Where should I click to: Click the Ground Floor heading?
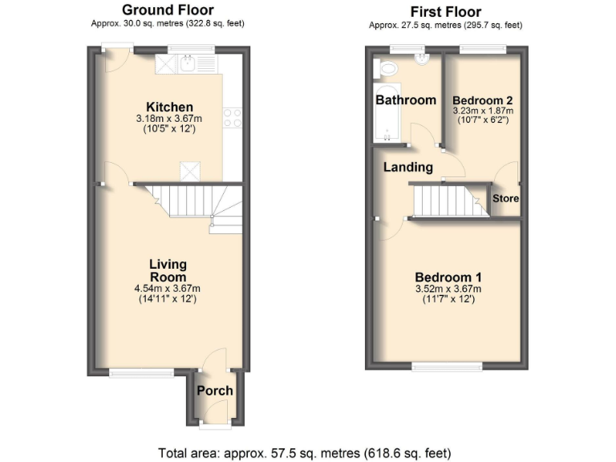coord(167,10)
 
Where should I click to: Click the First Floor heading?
coord(446,11)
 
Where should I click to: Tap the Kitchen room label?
coord(169,107)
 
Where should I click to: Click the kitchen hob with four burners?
coord(233,117)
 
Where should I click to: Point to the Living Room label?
coord(168,270)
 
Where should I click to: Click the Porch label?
coord(215,391)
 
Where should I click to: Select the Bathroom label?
coord(406,100)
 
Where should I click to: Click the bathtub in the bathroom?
coord(387,112)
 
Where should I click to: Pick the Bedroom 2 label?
coord(483,100)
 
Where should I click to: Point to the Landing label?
coord(407,168)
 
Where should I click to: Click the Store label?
coord(505,198)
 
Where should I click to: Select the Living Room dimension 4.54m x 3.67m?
coord(168,289)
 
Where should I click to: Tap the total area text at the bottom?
coord(309,452)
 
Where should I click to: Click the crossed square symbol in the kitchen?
coord(192,171)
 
